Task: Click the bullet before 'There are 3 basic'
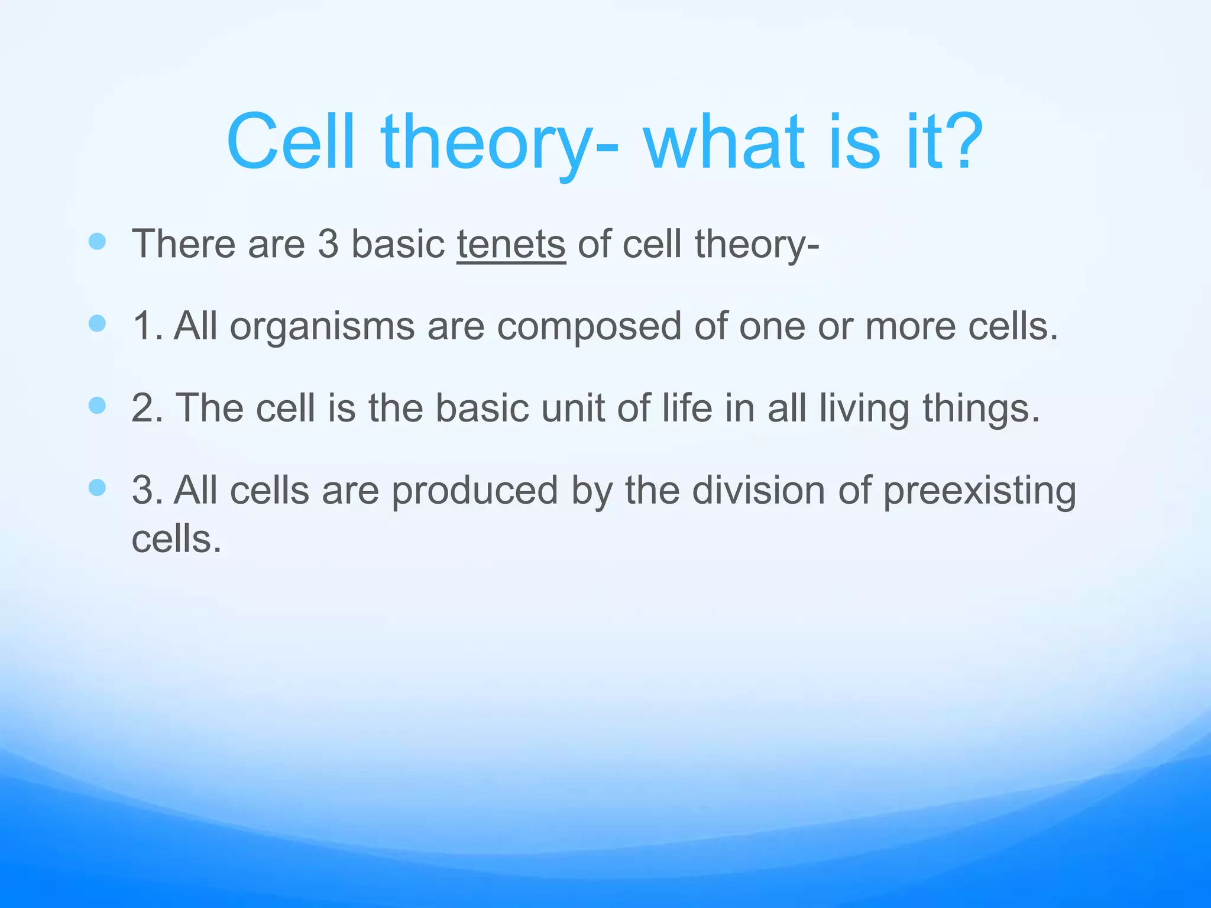point(97,241)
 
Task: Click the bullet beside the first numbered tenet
point(97,323)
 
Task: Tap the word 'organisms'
point(322,326)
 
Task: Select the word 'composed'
point(589,326)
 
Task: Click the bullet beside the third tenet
point(97,488)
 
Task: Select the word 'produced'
point(475,491)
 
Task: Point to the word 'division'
point(760,491)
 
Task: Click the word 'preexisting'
point(979,492)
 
